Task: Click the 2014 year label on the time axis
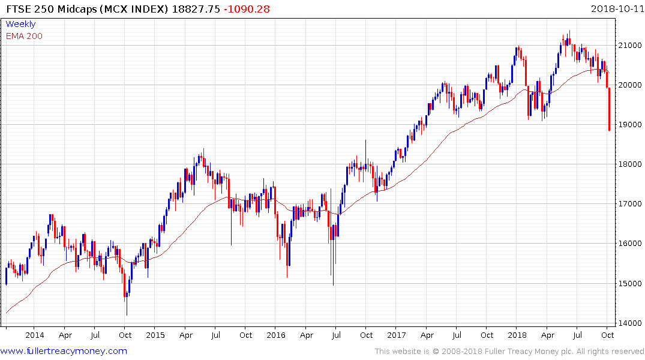click(x=35, y=335)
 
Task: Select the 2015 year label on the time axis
click(x=155, y=335)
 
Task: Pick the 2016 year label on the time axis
click(x=276, y=335)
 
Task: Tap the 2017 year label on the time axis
click(x=397, y=335)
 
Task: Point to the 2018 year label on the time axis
click(x=517, y=335)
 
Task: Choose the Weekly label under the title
click(x=20, y=24)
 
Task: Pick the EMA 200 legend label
click(x=24, y=36)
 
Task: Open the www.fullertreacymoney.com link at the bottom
click(x=64, y=351)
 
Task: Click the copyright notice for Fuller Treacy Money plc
click(x=509, y=351)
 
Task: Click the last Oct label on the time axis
click(x=608, y=335)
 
